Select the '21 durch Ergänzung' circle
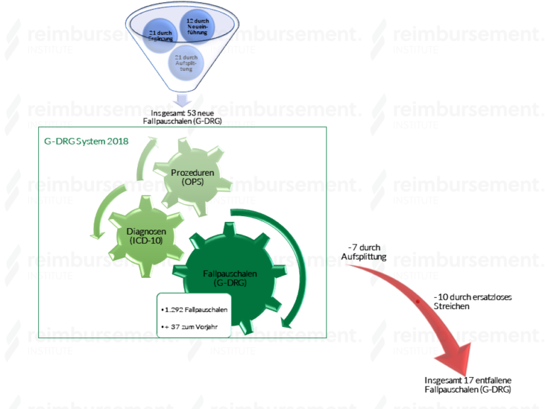click(x=162, y=37)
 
